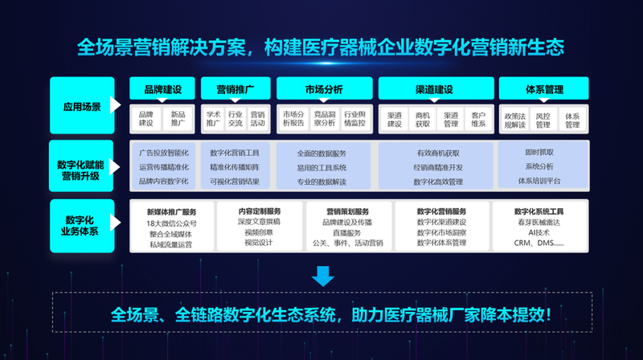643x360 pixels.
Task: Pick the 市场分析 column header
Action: [321, 88]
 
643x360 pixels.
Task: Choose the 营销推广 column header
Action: [235, 88]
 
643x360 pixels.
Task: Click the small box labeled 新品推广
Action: [178, 119]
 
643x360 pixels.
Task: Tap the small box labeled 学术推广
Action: [213, 119]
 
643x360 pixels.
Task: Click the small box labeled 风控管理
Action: [543, 119]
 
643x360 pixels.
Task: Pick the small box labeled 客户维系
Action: [478, 119]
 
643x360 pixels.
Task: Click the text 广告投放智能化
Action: [164, 152]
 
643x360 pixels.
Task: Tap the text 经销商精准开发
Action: [439, 167]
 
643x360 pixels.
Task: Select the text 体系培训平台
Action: [539, 182]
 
